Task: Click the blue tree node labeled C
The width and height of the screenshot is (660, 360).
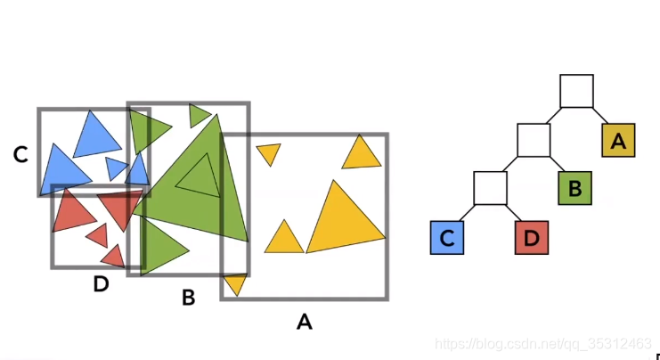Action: pos(447,238)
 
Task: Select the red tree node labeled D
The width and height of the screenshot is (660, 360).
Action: pos(532,238)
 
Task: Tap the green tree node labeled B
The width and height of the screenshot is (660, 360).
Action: pos(574,188)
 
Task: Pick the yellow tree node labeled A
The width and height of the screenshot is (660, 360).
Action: pos(618,140)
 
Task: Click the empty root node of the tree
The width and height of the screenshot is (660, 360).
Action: pos(576,91)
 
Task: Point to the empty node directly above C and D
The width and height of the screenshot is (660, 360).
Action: pos(490,188)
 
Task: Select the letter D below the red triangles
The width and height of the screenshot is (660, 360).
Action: pos(101,284)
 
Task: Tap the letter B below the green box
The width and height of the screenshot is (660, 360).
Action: pos(188,298)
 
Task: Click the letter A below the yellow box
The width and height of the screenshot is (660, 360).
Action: pos(304,322)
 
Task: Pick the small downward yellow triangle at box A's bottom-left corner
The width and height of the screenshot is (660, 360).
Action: pos(234,284)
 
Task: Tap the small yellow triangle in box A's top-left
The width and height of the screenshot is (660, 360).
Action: pos(268,153)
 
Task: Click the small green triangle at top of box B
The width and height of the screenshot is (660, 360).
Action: pos(199,115)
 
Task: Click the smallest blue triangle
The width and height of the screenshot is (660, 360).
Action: pos(117,167)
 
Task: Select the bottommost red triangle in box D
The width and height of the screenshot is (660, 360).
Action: pos(113,257)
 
